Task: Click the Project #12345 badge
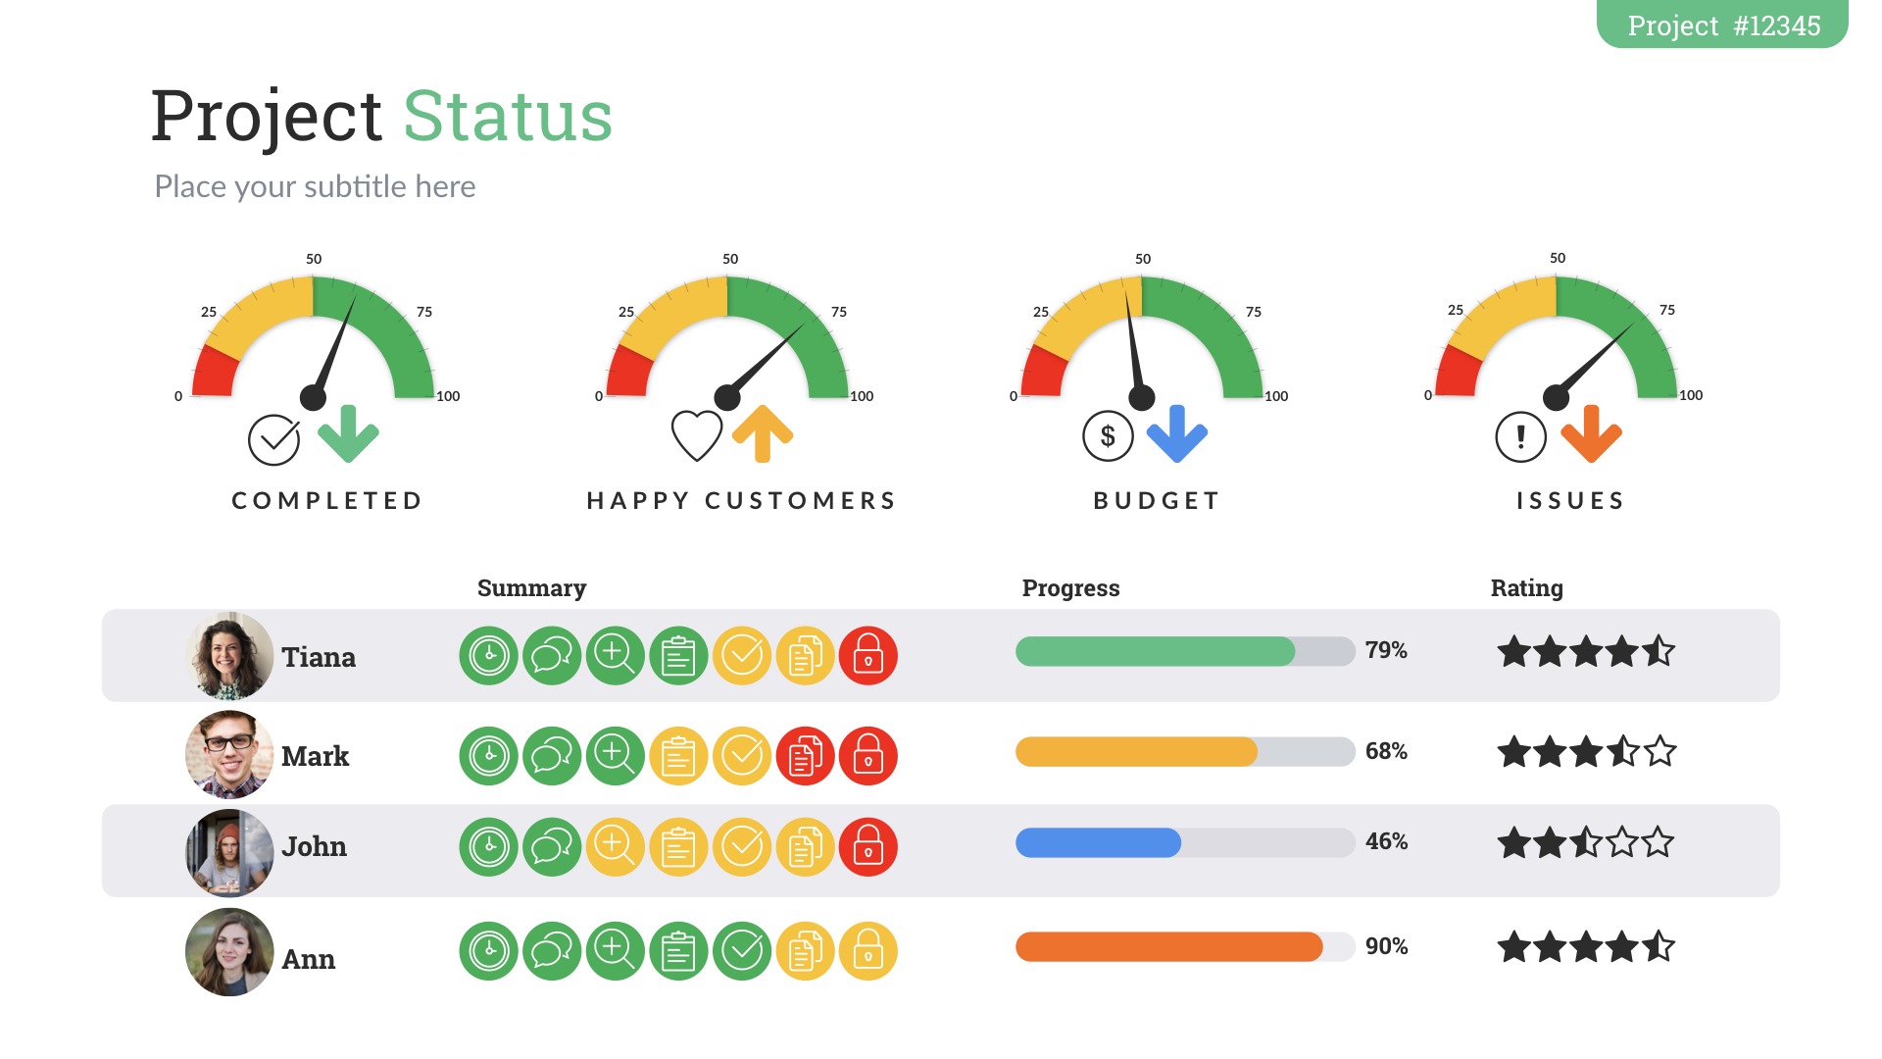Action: tap(1722, 25)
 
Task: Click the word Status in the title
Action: tap(508, 117)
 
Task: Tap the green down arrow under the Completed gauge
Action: tap(348, 433)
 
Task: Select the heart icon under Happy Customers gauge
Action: tap(697, 435)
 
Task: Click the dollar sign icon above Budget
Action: tap(1108, 436)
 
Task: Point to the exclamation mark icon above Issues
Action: tap(1520, 436)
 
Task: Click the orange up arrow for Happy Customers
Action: tap(763, 433)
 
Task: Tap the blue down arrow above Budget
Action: tap(1177, 433)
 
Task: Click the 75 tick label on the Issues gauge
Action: tap(1667, 310)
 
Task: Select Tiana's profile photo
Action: tap(229, 655)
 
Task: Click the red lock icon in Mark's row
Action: tap(868, 756)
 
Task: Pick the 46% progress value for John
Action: tap(1386, 841)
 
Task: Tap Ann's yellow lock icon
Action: tap(868, 950)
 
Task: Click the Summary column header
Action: tap(531, 587)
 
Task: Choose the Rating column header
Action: tap(1526, 587)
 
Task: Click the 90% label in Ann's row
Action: tap(1386, 946)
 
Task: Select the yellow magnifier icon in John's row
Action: tap(615, 846)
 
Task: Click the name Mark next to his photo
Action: tap(315, 756)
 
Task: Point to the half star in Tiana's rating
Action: tap(1659, 651)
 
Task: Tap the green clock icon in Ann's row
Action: tap(488, 950)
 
